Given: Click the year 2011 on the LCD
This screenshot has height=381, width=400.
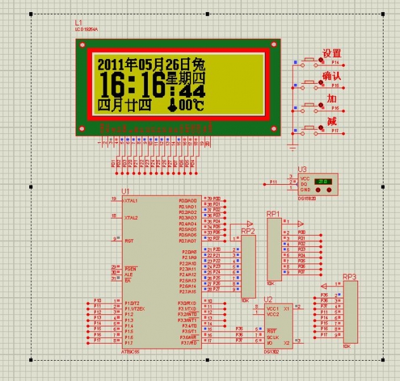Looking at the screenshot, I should point(112,64).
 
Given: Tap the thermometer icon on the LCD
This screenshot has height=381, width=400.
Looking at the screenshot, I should point(172,105).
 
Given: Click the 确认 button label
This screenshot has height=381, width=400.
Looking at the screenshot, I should point(331,76).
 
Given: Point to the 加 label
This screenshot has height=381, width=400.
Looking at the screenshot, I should point(331,98).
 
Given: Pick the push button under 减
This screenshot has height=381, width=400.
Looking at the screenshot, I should point(312,128).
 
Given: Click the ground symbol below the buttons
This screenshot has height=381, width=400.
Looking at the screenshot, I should point(292,147).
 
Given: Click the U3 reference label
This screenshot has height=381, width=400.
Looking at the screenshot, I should point(302,169).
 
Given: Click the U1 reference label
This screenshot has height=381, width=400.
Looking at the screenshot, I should point(125,191).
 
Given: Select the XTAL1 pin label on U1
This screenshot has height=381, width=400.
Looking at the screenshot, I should point(131,200).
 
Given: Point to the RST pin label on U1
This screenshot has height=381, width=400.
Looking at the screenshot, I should point(129,241).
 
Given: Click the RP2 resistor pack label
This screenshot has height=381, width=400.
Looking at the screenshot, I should point(248,231).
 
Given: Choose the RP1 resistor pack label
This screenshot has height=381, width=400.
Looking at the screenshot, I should point(273,213).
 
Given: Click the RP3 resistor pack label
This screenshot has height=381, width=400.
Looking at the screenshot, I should point(349,277).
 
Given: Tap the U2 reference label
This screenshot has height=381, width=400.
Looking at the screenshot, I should point(268,299).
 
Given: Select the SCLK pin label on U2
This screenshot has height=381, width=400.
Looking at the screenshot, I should point(273,336).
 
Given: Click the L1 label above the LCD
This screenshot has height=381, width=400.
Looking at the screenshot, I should point(78,23).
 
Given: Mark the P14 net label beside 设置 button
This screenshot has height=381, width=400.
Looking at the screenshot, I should point(335,63).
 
